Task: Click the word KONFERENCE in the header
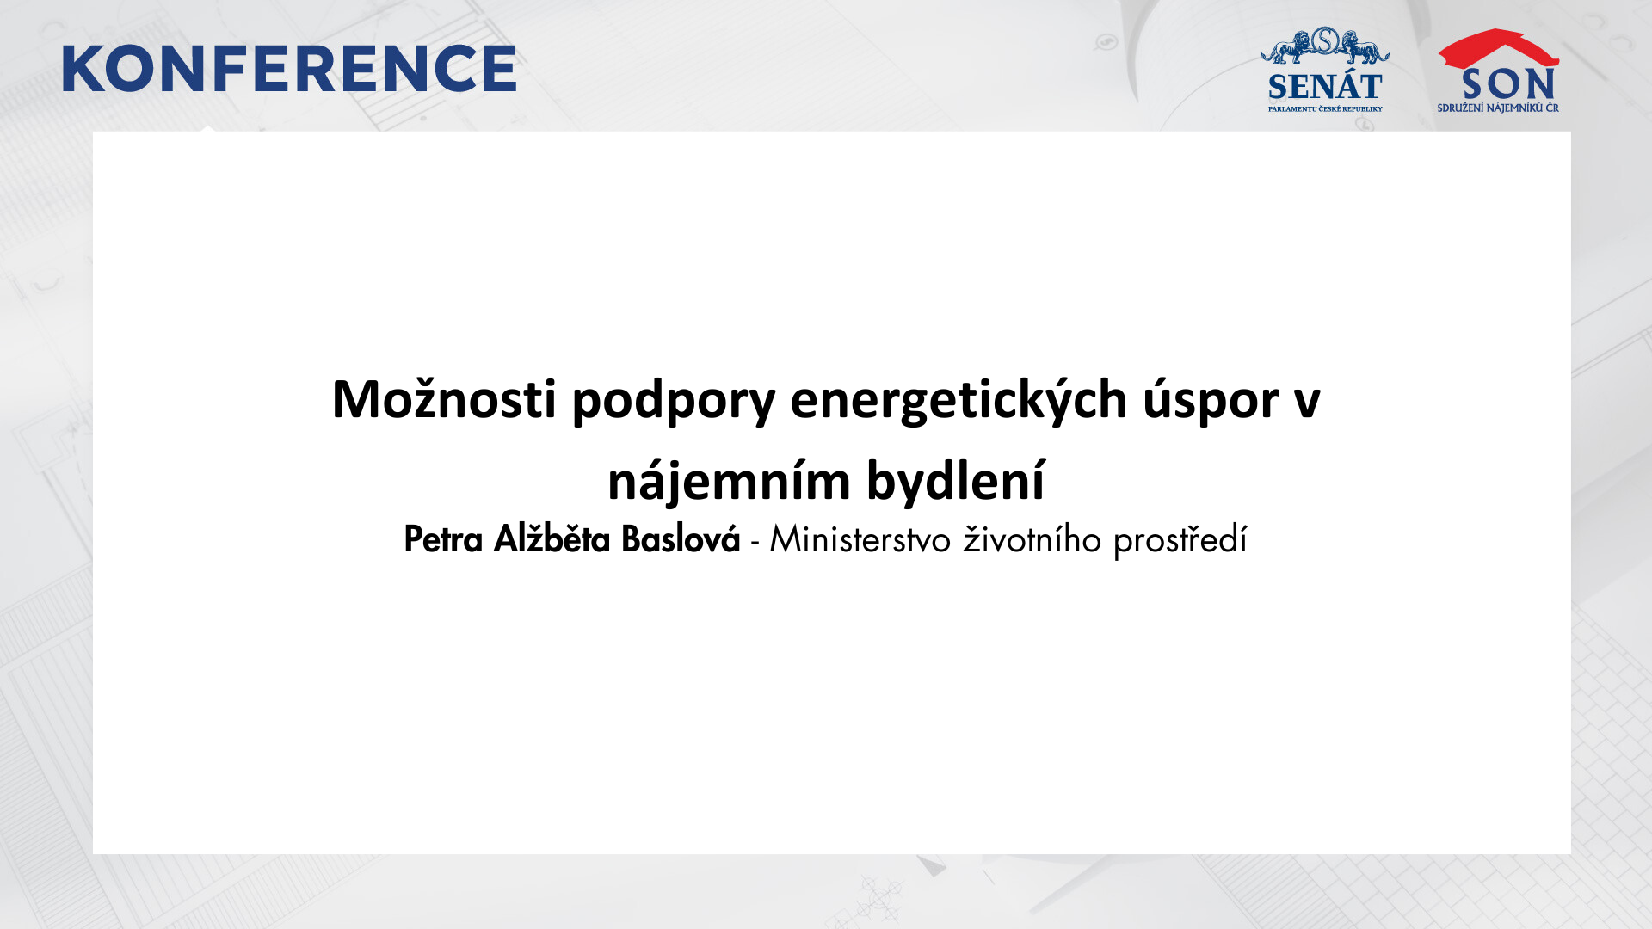[x=289, y=69]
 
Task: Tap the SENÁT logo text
[x=1325, y=87]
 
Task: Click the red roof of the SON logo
[x=1498, y=48]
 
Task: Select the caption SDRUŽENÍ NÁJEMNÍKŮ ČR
[x=1498, y=108]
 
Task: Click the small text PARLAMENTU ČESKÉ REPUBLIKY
[x=1325, y=109]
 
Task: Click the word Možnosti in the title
[x=444, y=399]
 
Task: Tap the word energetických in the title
[x=959, y=401]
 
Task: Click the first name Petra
[x=443, y=540]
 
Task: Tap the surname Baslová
[x=681, y=539]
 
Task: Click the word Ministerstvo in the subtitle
[x=860, y=540]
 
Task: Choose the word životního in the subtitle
[x=1032, y=540]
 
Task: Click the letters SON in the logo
[x=1508, y=84]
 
